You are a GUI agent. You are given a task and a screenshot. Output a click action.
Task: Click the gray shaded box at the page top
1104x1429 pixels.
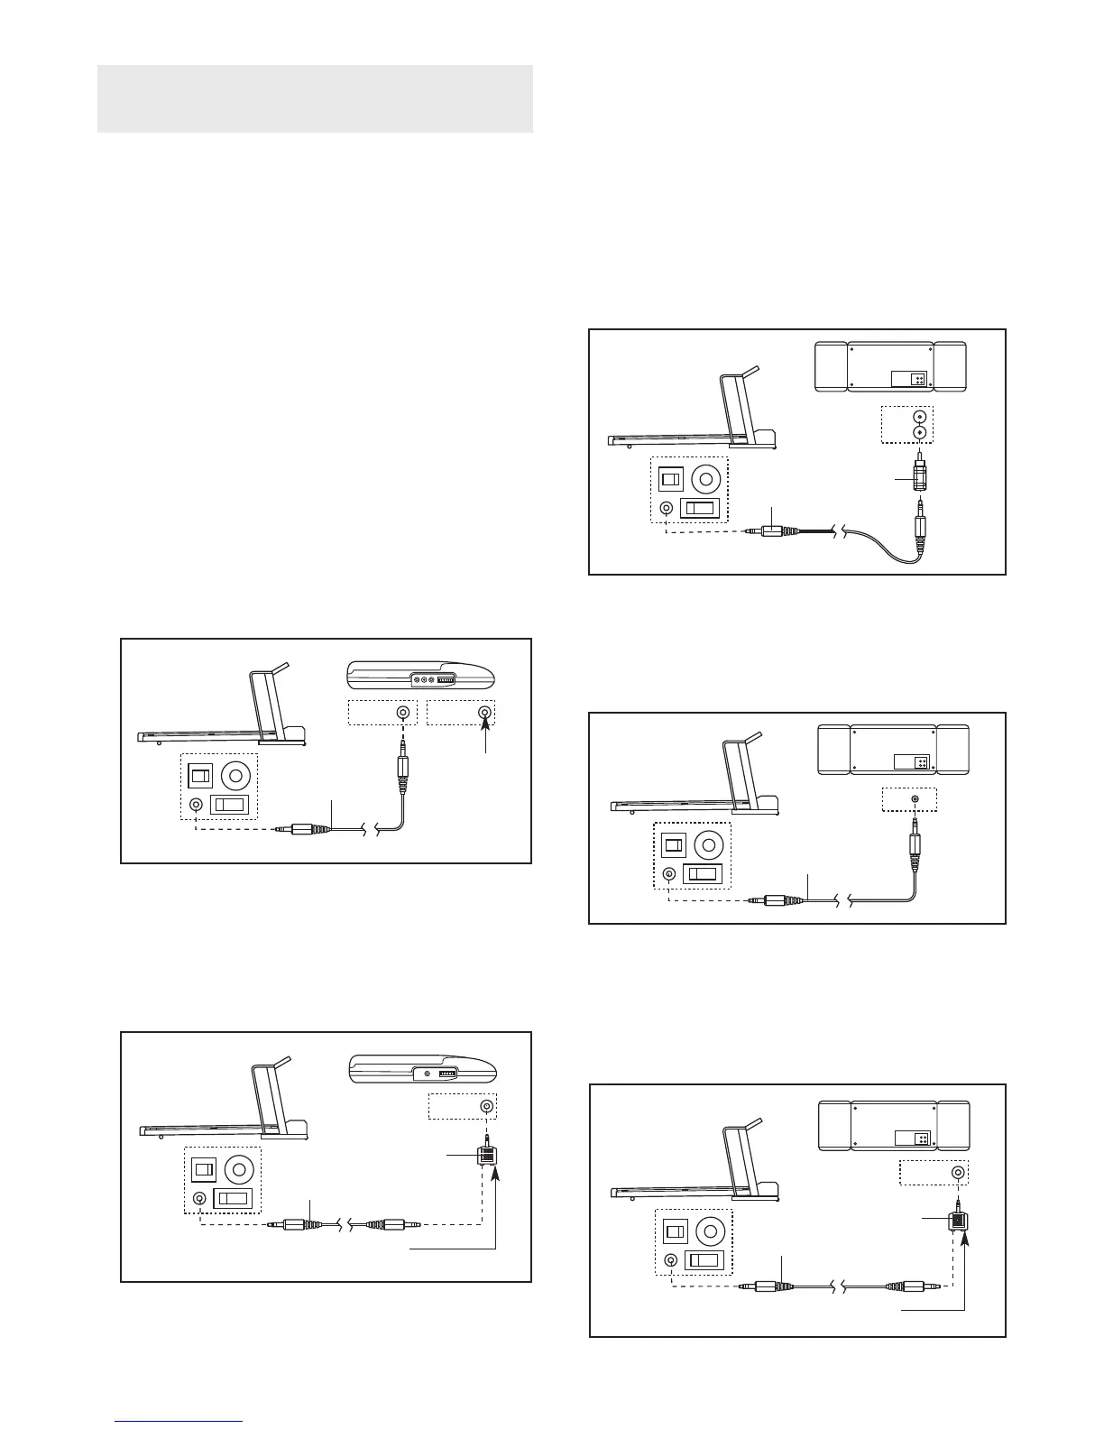click(x=315, y=98)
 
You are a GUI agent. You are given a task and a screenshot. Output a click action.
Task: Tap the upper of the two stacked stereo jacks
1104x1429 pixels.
click(x=919, y=417)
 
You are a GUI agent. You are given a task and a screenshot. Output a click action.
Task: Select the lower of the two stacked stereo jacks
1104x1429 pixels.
click(x=919, y=433)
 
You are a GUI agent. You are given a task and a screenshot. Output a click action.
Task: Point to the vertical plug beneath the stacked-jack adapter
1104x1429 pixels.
click(x=920, y=523)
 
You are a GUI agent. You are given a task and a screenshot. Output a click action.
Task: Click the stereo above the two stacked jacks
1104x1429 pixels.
click(x=890, y=366)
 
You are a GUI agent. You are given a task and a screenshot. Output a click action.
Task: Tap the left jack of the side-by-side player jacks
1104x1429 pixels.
click(x=402, y=714)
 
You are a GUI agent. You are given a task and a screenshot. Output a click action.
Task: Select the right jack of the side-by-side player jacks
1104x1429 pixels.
click(x=486, y=714)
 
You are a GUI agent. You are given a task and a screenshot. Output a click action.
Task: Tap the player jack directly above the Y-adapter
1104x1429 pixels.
click(x=487, y=1106)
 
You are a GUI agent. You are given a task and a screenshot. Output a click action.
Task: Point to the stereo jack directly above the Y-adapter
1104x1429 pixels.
click(x=958, y=1173)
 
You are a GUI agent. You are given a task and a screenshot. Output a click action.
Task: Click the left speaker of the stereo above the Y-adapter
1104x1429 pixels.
click(x=833, y=1126)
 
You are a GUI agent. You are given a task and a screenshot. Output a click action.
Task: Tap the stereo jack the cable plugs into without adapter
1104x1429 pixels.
click(x=915, y=799)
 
